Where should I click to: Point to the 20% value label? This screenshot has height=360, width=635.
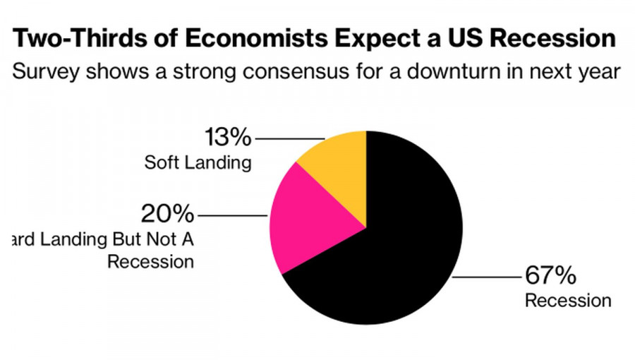tap(168, 212)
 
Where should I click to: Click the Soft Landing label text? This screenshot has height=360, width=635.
tap(198, 163)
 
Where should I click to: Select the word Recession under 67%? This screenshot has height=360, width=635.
tap(568, 301)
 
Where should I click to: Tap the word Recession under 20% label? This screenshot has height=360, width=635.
tap(150, 262)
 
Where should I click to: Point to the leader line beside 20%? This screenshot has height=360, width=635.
tap(233, 213)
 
